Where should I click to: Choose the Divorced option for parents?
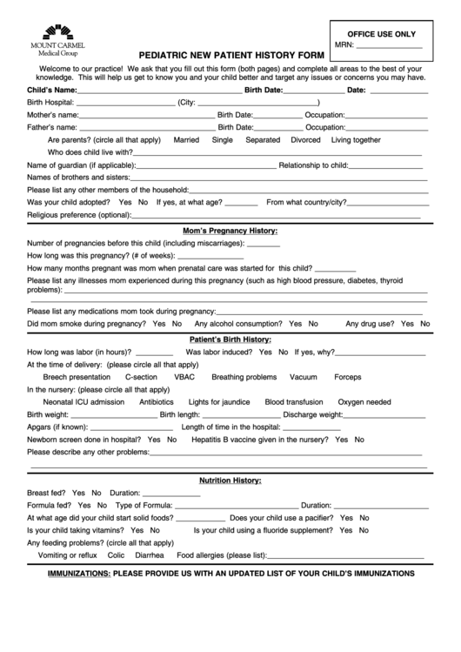pyautogui.click(x=305, y=139)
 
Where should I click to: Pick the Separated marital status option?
pyautogui.click(x=263, y=139)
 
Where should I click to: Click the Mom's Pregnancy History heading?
pyautogui.click(x=230, y=231)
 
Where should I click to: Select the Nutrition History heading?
pyautogui.click(x=230, y=481)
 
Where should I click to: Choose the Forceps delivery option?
pyautogui.click(x=347, y=377)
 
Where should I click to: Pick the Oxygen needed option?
pyautogui.click(x=364, y=402)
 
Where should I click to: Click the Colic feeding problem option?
pyautogui.click(x=117, y=555)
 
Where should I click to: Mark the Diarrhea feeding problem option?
pyautogui.click(x=150, y=555)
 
